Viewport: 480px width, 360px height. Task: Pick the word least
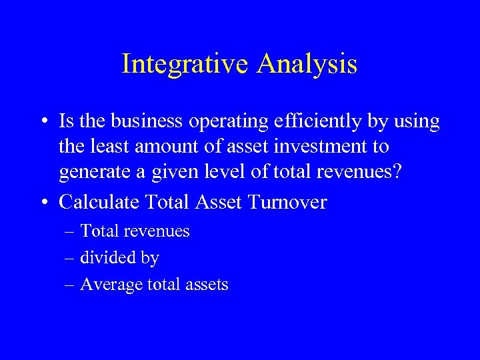tap(105, 146)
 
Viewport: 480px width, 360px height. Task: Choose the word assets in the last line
tap(207, 285)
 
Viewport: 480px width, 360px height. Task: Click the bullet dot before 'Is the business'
tap(43, 122)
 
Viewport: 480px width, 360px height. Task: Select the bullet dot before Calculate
tap(43, 202)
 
